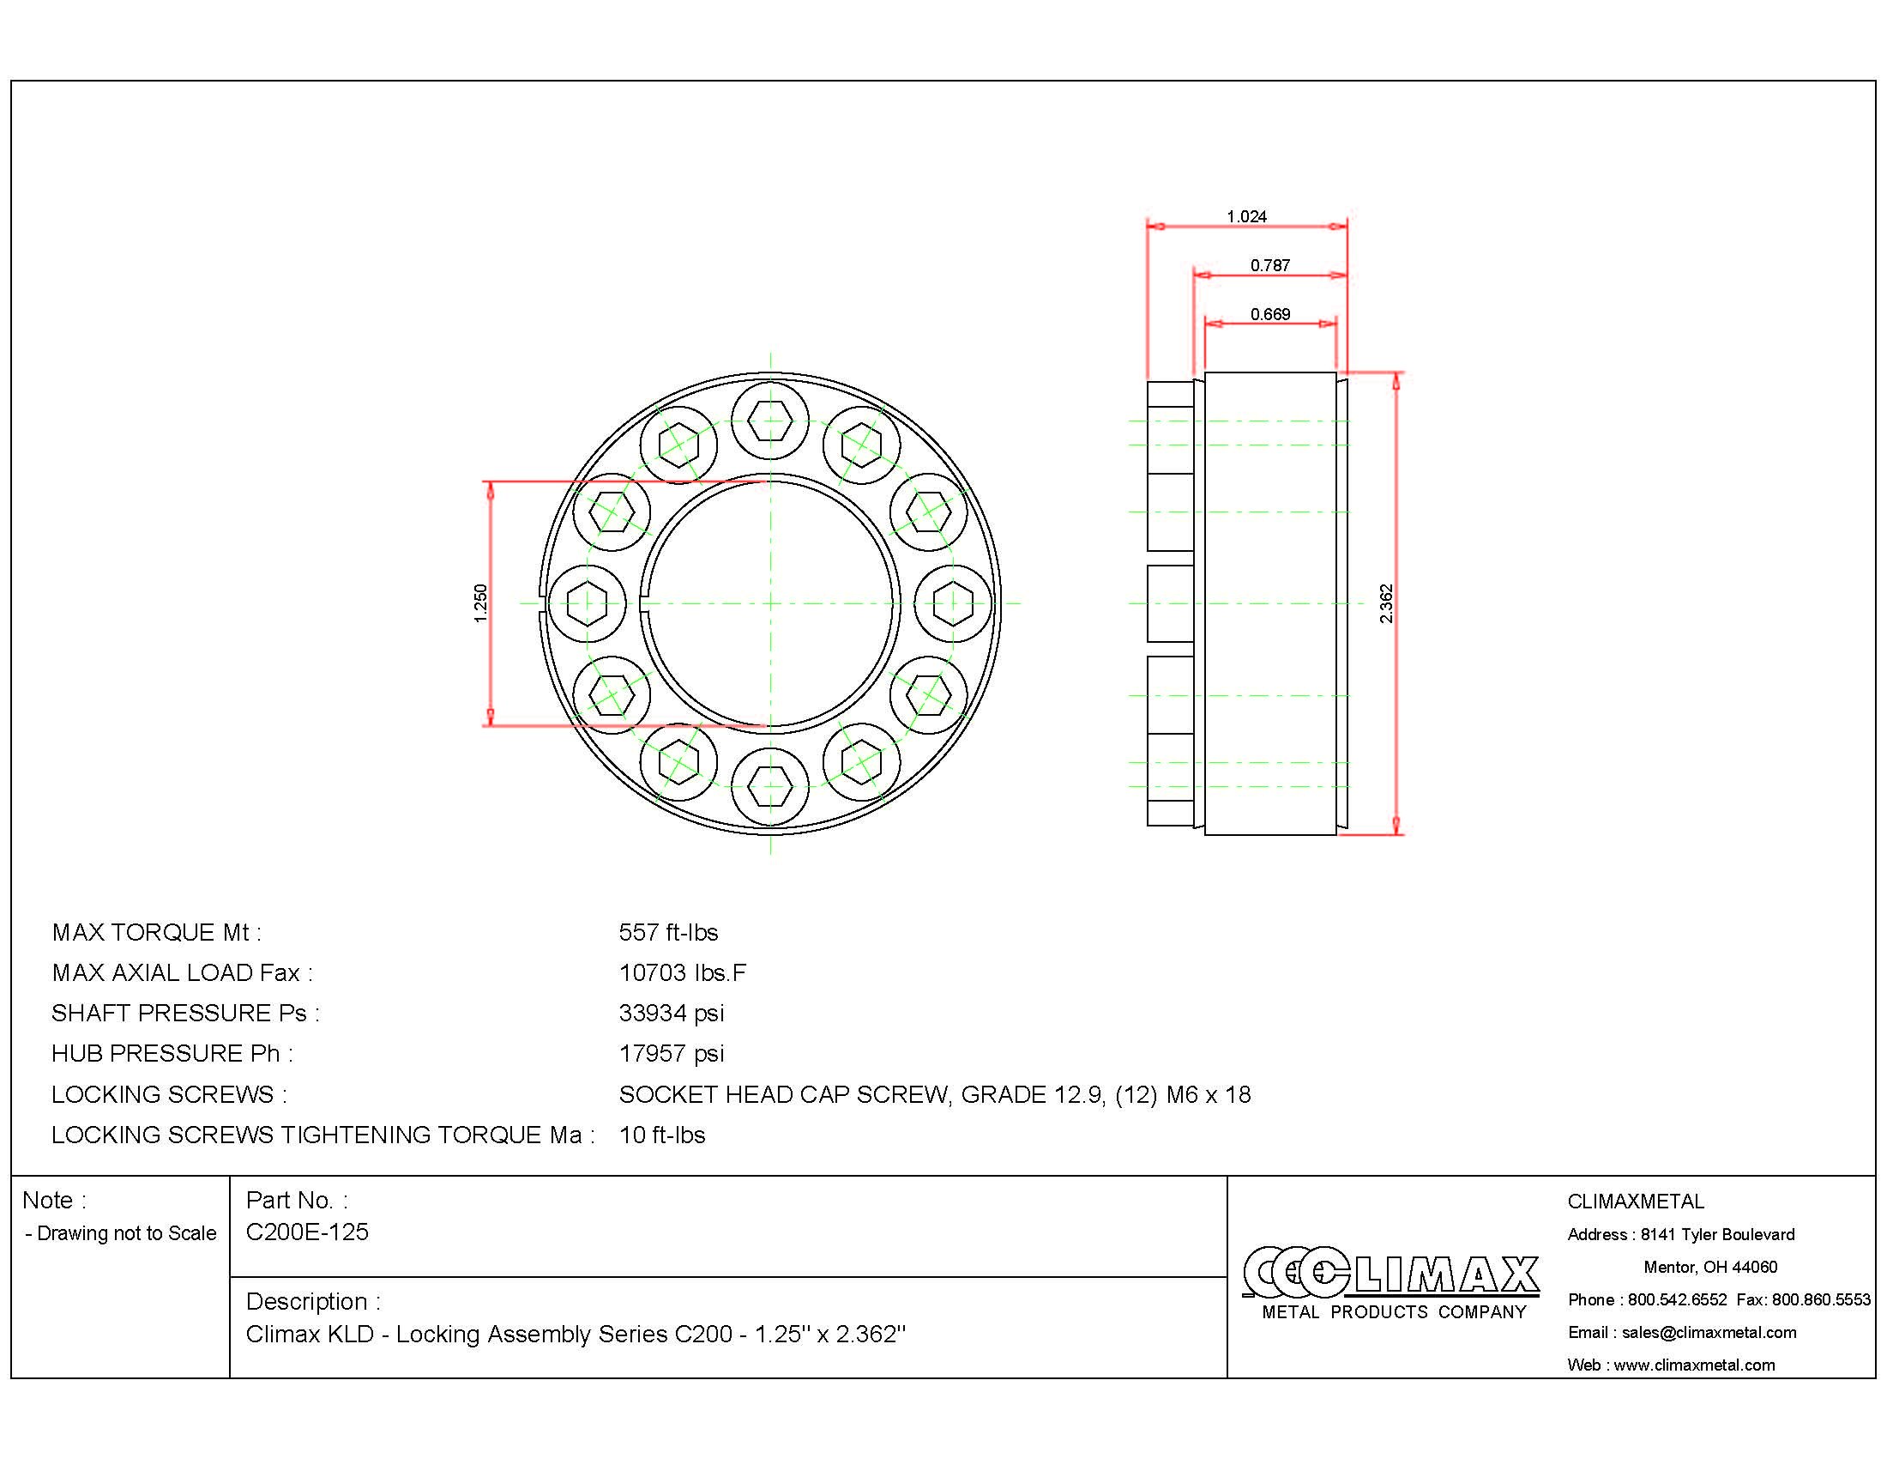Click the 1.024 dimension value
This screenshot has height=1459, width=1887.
pyautogui.click(x=1246, y=216)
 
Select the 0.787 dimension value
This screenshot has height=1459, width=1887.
pyautogui.click(x=1269, y=265)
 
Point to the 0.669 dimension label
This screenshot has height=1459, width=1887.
pyautogui.click(x=1269, y=314)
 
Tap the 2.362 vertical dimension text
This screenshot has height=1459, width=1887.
pyautogui.click(x=1386, y=603)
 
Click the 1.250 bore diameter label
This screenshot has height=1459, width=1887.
pyautogui.click(x=481, y=603)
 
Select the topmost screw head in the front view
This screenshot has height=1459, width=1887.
pyautogui.click(x=770, y=421)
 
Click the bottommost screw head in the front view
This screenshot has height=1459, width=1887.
pyautogui.click(x=770, y=784)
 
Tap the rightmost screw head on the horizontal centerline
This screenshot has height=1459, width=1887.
pyautogui.click(x=952, y=603)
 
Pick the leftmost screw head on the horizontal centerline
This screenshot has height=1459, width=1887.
pyautogui.click(x=588, y=603)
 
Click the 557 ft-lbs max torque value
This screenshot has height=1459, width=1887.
pyautogui.click(x=668, y=932)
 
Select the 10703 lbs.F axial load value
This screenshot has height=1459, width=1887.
pyautogui.click(x=682, y=972)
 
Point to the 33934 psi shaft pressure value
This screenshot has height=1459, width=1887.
pyautogui.click(x=672, y=1012)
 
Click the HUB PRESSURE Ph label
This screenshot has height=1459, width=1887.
pyautogui.click(x=172, y=1053)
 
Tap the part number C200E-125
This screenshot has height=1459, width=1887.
pyautogui.click(x=307, y=1232)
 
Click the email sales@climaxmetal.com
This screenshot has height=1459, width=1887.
pyautogui.click(x=1708, y=1332)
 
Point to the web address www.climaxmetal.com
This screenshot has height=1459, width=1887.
pyautogui.click(x=1693, y=1365)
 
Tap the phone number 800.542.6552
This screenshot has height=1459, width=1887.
pyautogui.click(x=1676, y=1299)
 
